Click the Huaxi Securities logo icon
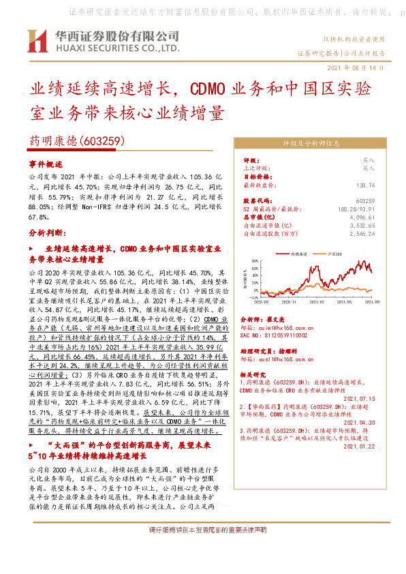[x=37, y=42]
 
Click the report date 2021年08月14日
[x=356, y=68]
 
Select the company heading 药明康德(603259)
[x=75, y=142]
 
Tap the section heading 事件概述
[x=46, y=164]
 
